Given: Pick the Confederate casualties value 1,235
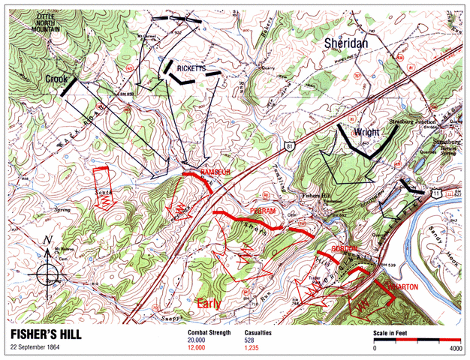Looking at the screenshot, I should click(x=256, y=348).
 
